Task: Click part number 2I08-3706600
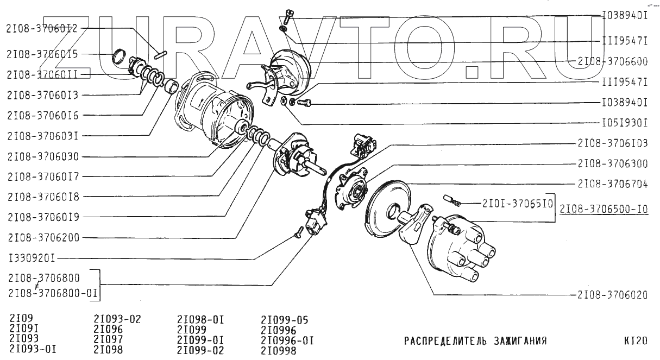613,62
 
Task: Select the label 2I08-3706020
613,296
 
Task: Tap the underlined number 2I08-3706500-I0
604,207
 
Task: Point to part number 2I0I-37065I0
517,204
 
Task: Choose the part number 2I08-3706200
43,238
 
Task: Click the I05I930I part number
625,123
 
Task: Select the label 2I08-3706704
613,184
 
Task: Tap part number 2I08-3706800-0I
53,294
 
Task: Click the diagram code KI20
635,342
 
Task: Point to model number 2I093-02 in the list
117,319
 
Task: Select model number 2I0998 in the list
279,350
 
